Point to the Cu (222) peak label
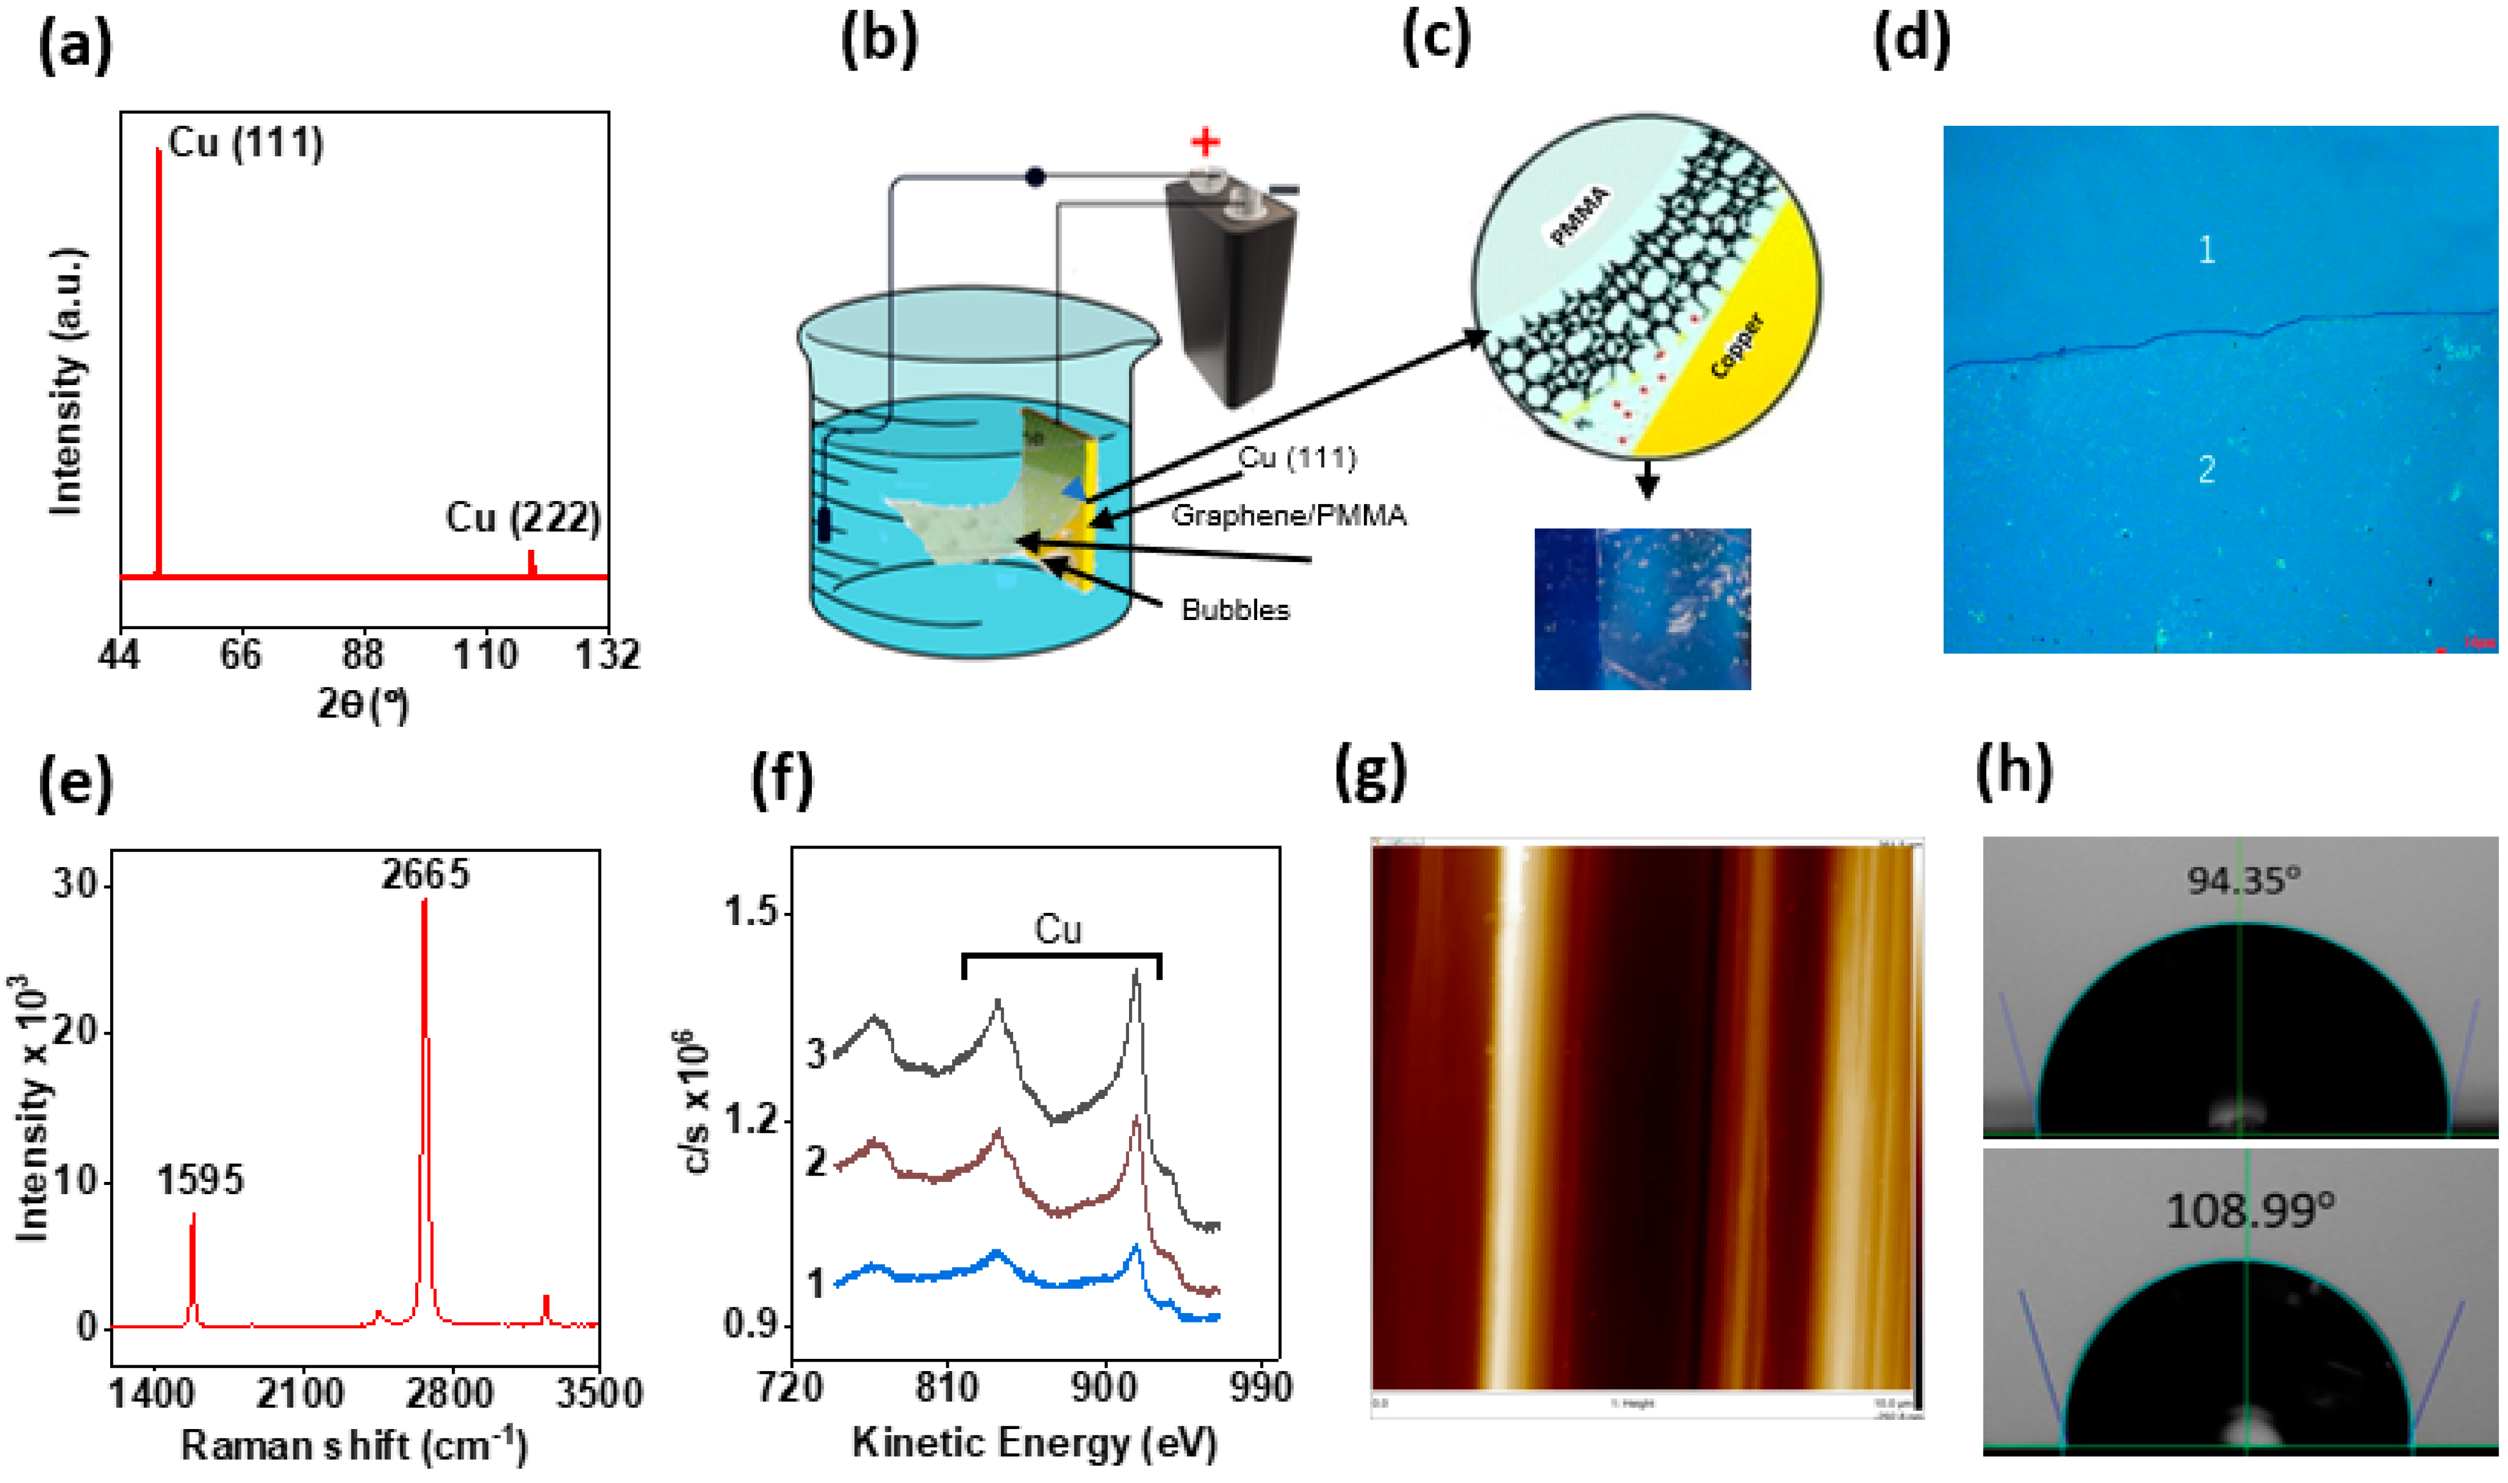click(x=522, y=518)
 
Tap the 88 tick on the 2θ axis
click(x=362, y=655)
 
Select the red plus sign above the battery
click(x=1205, y=142)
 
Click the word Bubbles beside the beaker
click(x=1235, y=610)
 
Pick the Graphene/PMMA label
click(x=1289, y=516)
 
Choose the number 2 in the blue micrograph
click(x=2207, y=469)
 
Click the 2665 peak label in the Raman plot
click(x=424, y=875)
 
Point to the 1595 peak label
click(x=200, y=1180)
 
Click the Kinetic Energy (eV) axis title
click(x=1034, y=1442)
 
